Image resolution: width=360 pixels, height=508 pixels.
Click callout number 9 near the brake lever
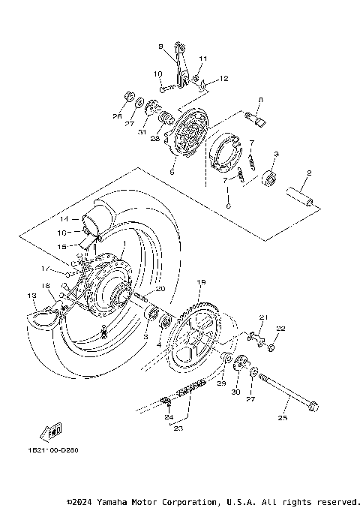[160, 47]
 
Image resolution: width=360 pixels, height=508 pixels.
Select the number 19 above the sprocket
[201, 281]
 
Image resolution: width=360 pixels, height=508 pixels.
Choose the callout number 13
[30, 296]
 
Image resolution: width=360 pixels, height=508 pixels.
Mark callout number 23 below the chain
[177, 428]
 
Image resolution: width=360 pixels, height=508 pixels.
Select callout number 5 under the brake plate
[172, 171]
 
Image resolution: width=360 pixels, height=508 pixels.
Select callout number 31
[141, 133]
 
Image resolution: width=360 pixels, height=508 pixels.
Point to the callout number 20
[160, 289]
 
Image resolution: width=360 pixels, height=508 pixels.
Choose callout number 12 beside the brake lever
[224, 79]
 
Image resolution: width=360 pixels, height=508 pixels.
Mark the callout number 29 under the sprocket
[221, 383]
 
